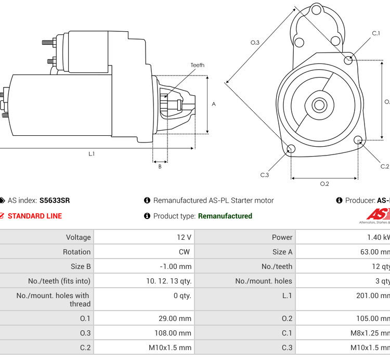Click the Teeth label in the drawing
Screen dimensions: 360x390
point(197,65)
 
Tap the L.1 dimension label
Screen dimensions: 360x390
point(92,153)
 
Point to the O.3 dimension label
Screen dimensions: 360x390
point(255,43)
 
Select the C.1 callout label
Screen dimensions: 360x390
point(376,33)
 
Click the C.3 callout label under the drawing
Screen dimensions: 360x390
point(265,175)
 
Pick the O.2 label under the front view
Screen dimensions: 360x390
point(324,184)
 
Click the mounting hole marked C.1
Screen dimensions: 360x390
point(349,60)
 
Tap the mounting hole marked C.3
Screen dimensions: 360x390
point(291,149)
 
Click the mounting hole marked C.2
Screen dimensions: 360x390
point(358,140)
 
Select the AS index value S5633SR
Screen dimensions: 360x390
point(55,200)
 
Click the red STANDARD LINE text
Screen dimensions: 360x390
point(34,216)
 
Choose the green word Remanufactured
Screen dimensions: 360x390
point(225,216)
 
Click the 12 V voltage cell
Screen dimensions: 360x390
point(184,237)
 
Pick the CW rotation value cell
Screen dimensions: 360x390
point(184,252)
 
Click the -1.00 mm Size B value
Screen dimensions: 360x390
point(176,266)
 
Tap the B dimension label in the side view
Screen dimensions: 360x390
point(160,166)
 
